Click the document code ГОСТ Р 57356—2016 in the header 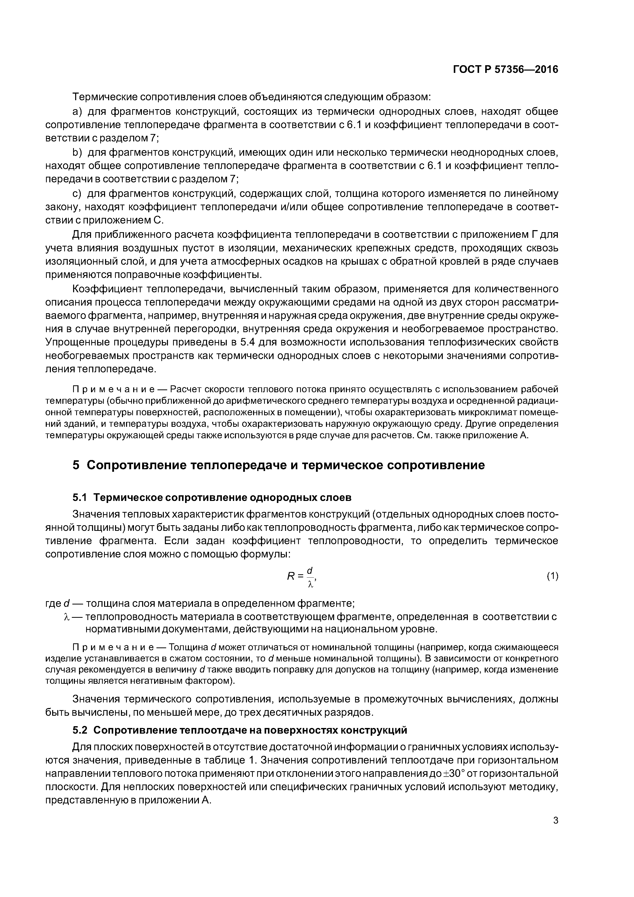(x=505, y=70)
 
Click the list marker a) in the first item (x=77, y=112)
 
